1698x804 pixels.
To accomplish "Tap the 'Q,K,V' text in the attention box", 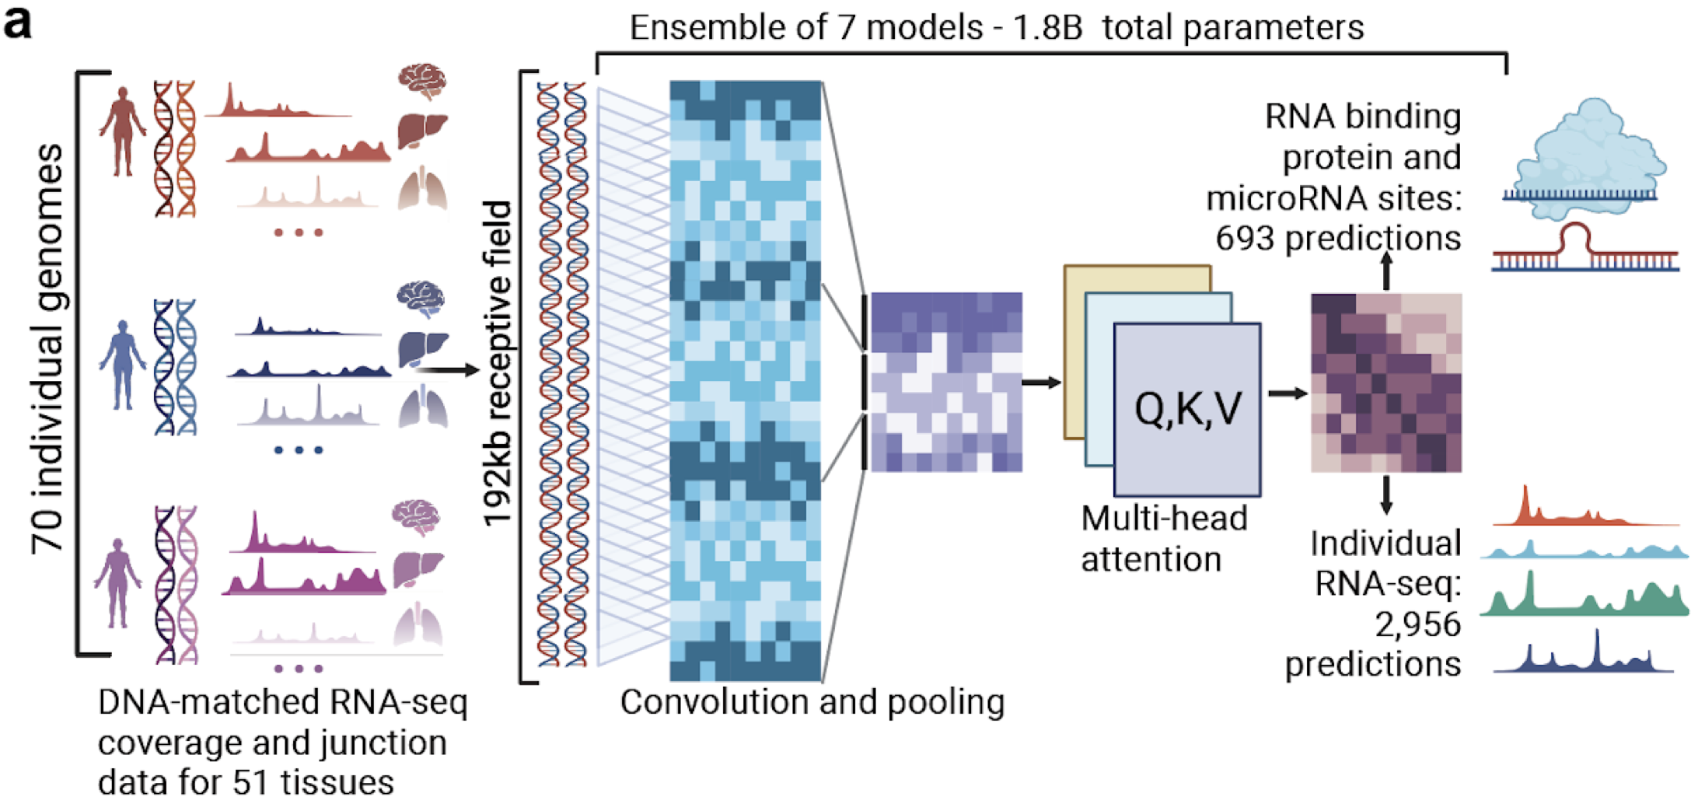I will point(1187,409).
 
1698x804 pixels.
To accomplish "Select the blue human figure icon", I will point(122,364).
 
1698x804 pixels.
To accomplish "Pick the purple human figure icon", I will point(117,583).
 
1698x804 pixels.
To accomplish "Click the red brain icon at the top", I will point(422,81).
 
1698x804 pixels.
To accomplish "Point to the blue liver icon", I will point(422,348).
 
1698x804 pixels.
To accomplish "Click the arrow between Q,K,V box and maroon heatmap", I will point(1287,393).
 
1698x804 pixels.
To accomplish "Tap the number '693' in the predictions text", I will point(1245,239).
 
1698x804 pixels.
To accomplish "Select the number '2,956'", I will point(1417,624).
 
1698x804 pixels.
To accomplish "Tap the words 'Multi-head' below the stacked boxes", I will point(1164,519).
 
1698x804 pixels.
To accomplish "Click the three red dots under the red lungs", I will point(299,232).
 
